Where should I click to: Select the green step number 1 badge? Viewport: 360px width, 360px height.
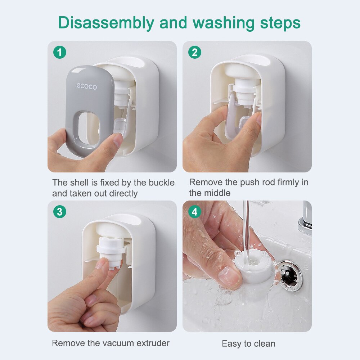[60, 53]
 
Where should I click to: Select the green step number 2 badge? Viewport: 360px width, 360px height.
[195, 53]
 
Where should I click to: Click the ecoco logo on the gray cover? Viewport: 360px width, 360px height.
[86, 86]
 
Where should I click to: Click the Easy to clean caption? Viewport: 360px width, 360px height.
[248, 343]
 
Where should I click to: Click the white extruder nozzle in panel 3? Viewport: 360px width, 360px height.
[110, 252]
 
